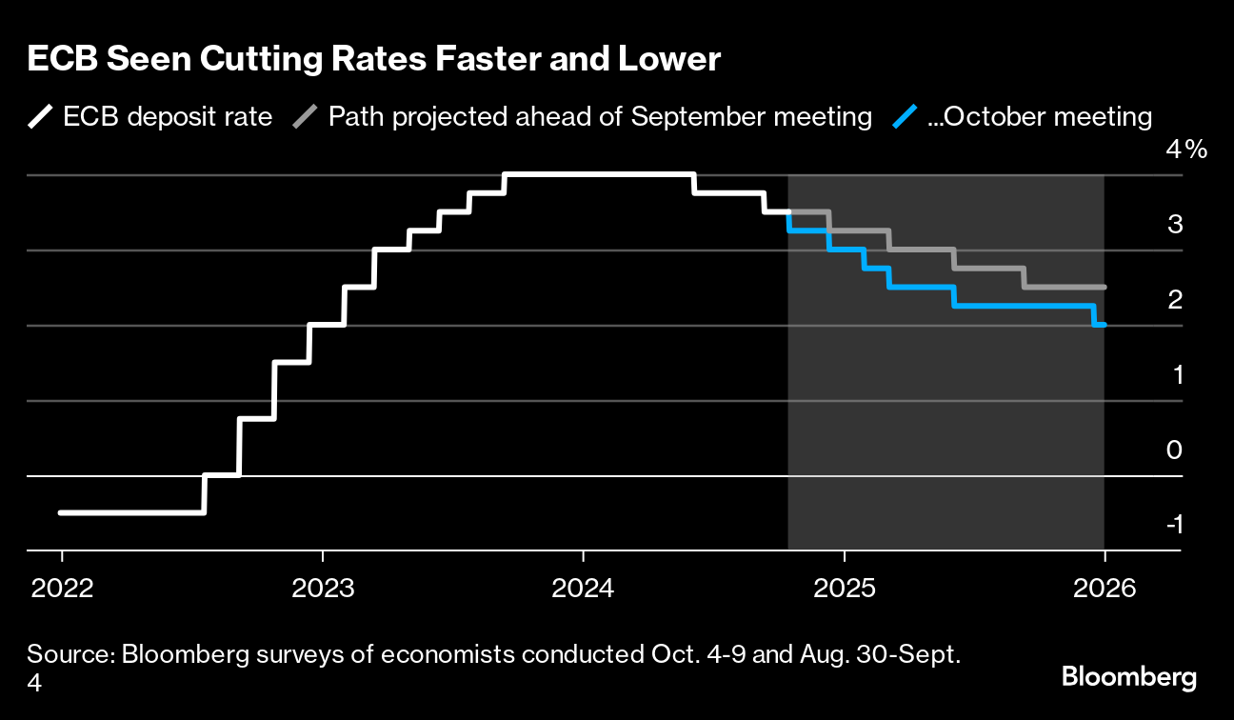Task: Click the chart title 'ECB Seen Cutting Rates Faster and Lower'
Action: pyautogui.click(x=373, y=60)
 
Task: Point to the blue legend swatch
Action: pyautogui.click(x=907, y=117)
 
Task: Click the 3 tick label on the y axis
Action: pyautogui.click(x=1175, y=225)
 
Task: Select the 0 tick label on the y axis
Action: pyautogui.click(x=1175, y=450)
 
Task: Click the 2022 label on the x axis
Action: pyautogui.click(x=62, y=588)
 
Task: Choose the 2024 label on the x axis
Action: pyautogui.click(x=583, y=588)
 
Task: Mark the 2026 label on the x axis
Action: pyautogui.click(x=1105, y=588)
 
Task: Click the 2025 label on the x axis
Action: pyautogui.click(x=844, y=588)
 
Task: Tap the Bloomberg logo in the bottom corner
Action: pyautogui.click(x=1128, y=677)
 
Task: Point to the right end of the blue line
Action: pyautogui.click(x=1104, y=325)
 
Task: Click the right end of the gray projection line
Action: pyautogui.click(x=1104, y=287)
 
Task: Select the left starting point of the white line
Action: pyautogui.click(x=61, y=512)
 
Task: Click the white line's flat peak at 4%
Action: pyautogui.click(x=598, y=174)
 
